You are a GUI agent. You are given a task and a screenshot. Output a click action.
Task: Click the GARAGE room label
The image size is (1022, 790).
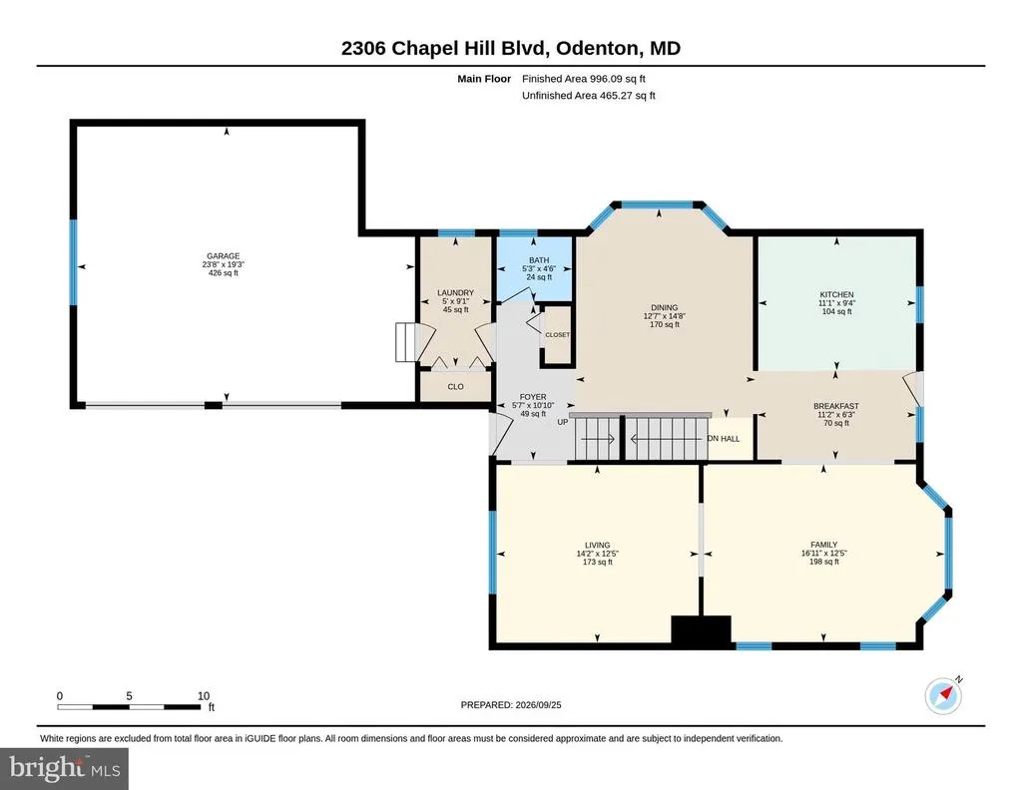[x=223, y=256]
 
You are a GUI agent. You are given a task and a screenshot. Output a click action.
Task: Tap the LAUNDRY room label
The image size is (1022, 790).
[x=455, y=293]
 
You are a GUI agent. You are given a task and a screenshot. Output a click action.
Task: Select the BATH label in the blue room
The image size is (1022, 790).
[x=539, y=260]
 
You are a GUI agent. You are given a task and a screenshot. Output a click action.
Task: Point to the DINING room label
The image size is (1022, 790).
[x=664, y=307]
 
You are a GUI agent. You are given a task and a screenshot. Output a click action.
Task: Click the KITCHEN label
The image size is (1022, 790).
[x=837, y=294]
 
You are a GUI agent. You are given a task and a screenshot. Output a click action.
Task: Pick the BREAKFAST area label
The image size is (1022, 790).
[x=836, y=406]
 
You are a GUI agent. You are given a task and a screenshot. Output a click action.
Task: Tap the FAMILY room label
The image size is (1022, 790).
[x=823, y=545]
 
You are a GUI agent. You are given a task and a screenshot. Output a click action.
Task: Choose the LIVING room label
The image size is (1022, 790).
[x=597, y=545]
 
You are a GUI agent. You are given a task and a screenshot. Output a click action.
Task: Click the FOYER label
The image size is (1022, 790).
[x=533, y=397]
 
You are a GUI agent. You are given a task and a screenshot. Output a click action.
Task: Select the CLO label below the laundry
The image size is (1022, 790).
[x=455, y=387]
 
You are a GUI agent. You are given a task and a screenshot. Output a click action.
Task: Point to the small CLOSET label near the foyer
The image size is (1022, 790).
[x=557, y=335]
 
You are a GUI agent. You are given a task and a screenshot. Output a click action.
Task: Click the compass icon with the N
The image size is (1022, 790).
[x=943, y=695]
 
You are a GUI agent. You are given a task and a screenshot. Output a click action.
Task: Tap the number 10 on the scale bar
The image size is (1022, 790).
[x=204, y=695]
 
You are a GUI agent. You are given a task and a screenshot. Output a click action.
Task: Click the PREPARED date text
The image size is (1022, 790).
[x=511, y=704]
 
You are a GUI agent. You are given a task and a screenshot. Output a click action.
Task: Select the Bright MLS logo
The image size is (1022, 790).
[x=65, y=769]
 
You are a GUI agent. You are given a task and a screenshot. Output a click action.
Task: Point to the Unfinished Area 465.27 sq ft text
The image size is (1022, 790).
[x=589, y=95]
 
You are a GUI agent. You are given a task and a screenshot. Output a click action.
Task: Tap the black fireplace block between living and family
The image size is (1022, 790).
[x=702, y=631]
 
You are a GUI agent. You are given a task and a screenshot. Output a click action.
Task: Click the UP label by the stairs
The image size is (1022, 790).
[x=563, y=422]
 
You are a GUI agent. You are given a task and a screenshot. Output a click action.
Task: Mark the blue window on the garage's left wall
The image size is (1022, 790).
[x=73, y=261]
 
